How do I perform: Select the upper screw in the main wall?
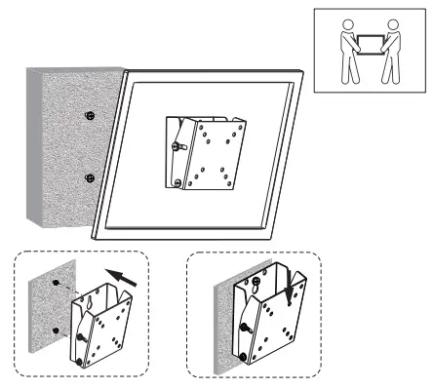pos(89,116)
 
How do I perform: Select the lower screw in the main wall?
pos(89,177)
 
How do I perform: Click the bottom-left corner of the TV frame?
pos(96,236)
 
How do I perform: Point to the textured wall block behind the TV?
pos(63,146)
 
